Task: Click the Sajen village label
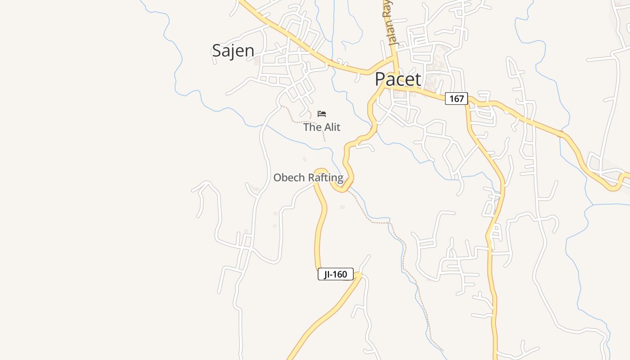point(233,50)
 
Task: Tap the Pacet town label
point(398,80)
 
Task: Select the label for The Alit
point(322,127)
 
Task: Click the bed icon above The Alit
point(322,113)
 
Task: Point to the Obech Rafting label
point(308,178)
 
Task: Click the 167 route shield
point(456,99)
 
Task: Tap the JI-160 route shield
point(335,274)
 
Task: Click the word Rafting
point(325,178)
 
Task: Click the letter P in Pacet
point(381,80)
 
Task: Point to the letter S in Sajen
point(217,50)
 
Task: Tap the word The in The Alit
point(311,127)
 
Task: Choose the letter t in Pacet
point(418,80)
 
